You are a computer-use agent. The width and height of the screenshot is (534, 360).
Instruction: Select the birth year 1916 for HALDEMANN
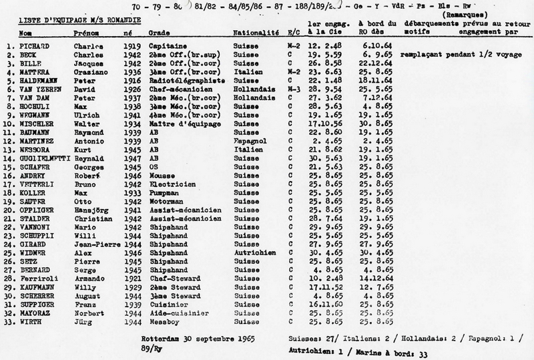[132, 78]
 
